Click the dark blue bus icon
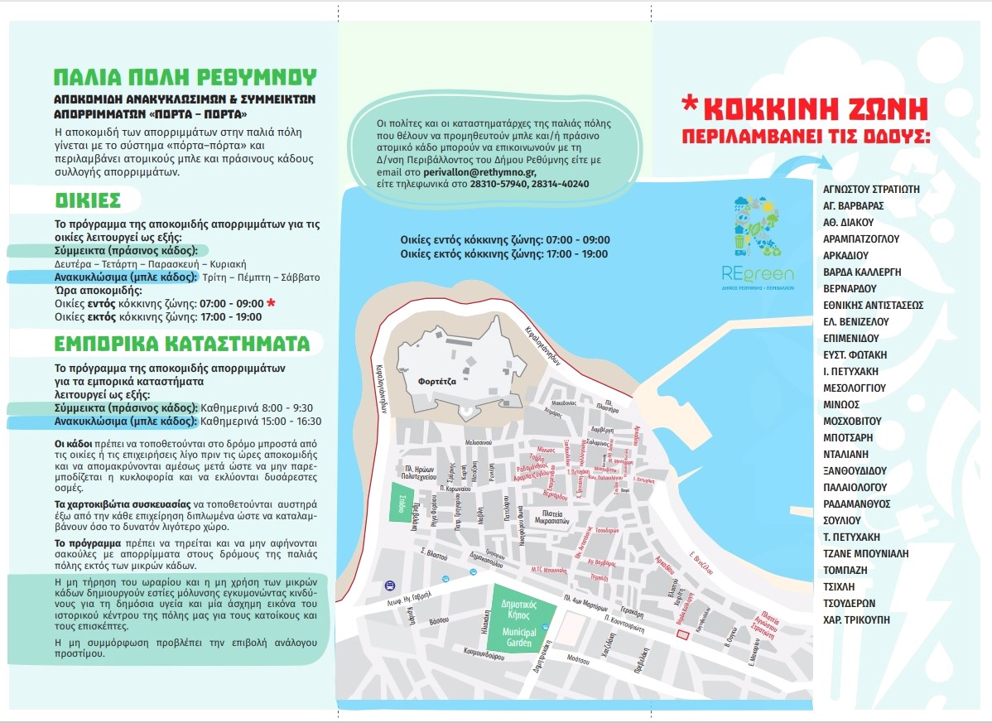389,586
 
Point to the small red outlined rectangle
683,634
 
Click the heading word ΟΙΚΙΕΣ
88,200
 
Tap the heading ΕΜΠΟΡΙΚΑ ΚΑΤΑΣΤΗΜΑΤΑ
181,343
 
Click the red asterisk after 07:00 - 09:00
271,303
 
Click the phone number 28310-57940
499,183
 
